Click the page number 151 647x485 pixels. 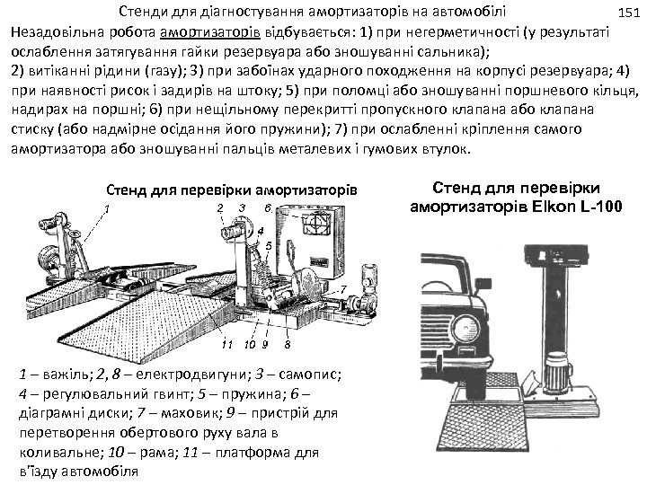tap(629, 13)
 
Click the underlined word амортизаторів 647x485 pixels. tap(210, 32)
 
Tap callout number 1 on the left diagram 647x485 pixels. tap(107, 209)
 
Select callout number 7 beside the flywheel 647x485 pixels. tap(343, 289)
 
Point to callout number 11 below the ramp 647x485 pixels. tap(227, 344)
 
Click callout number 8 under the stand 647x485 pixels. tap(288, 344)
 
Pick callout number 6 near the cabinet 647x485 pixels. tap(268, 208)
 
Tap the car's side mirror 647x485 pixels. tap(483, 284)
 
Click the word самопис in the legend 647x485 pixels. tap(309, 375)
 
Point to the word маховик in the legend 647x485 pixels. tap(191, 413)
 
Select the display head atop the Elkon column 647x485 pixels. tap(556, 252)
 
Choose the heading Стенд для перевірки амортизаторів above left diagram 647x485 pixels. tap(232, 190)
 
